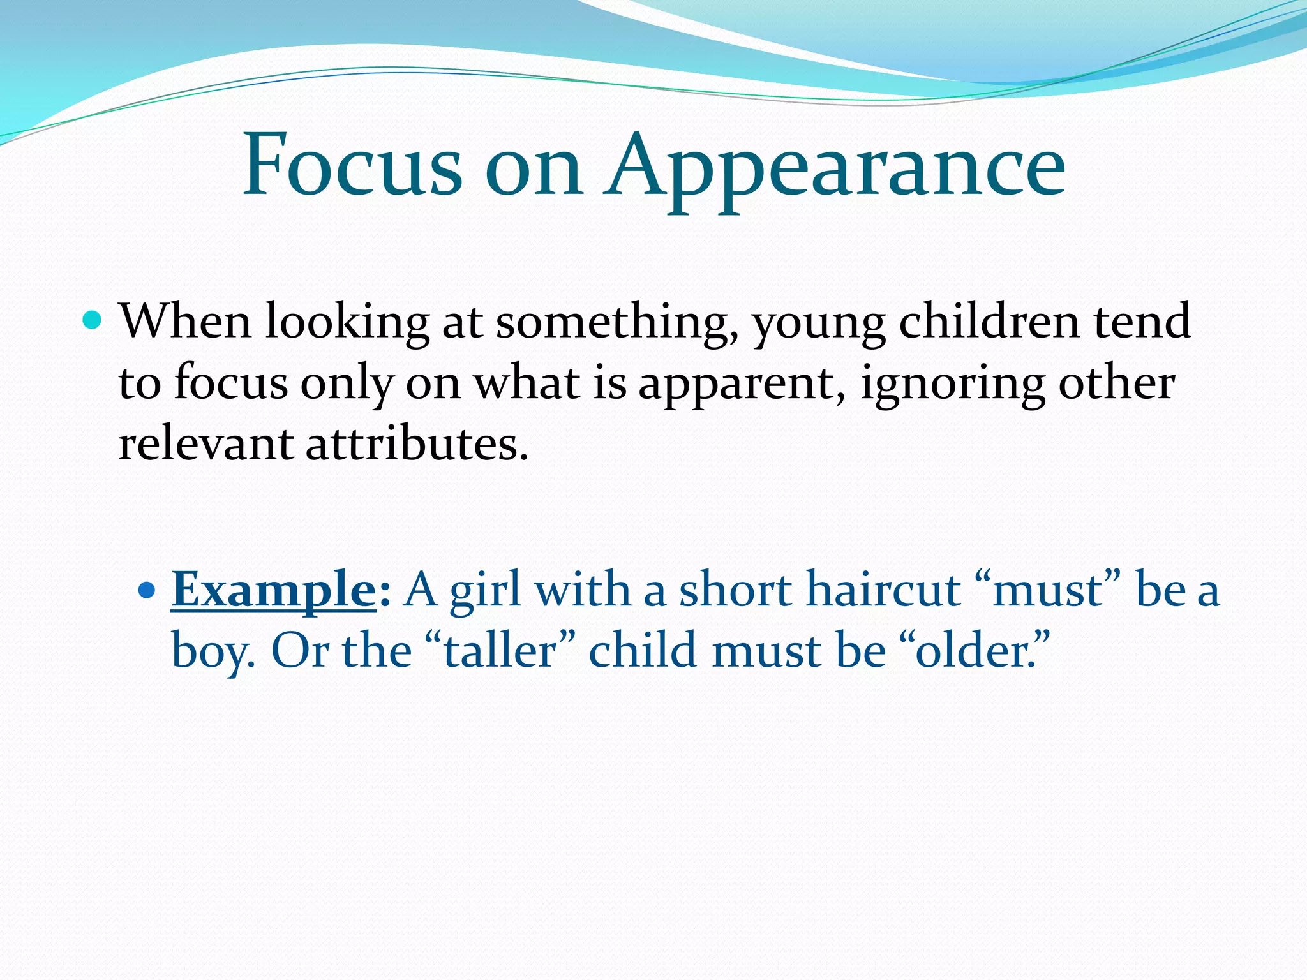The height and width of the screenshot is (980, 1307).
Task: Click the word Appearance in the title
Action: pyautogui.click(x=836, y=167)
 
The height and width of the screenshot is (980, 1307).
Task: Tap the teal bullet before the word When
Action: pyautogui.click(x=93, y=319)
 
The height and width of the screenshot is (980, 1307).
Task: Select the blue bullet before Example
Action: pyautogui.click(x=147, y=590)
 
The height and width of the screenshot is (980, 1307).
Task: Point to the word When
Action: pyautogui.click(x=185, y=320)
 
